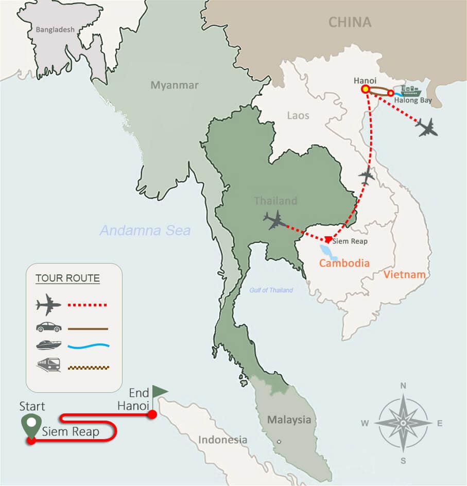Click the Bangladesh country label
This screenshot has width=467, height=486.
(x=55, y=30)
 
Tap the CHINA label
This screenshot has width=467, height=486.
(x=350, y=22)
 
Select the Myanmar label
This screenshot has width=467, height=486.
(x=174, y=85)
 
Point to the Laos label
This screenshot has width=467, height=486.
(x=298, y=115)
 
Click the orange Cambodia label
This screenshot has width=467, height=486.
(x=344, y=263)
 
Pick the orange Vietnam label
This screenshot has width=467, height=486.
(x=405, y=274)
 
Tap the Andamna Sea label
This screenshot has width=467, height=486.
(x=145, y=230)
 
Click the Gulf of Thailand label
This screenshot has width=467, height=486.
(x=271, y=290)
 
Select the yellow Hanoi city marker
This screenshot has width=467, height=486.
(x=365, y=89)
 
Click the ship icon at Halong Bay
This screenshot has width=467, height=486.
(x=410, y=91)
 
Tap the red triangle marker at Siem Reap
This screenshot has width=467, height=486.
(x=328, y=239)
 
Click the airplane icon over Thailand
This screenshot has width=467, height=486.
(x=274, y=220)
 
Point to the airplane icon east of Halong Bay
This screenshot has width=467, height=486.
(x=427, y=127)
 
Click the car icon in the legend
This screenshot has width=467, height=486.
(x=49, y=327)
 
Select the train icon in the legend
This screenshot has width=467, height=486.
(x=49, y=365)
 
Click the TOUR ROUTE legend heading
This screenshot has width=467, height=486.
(x=67, y=279)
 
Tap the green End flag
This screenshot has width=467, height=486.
(x=159, y=392)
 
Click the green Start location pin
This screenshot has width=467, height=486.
(x=31, y=425)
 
